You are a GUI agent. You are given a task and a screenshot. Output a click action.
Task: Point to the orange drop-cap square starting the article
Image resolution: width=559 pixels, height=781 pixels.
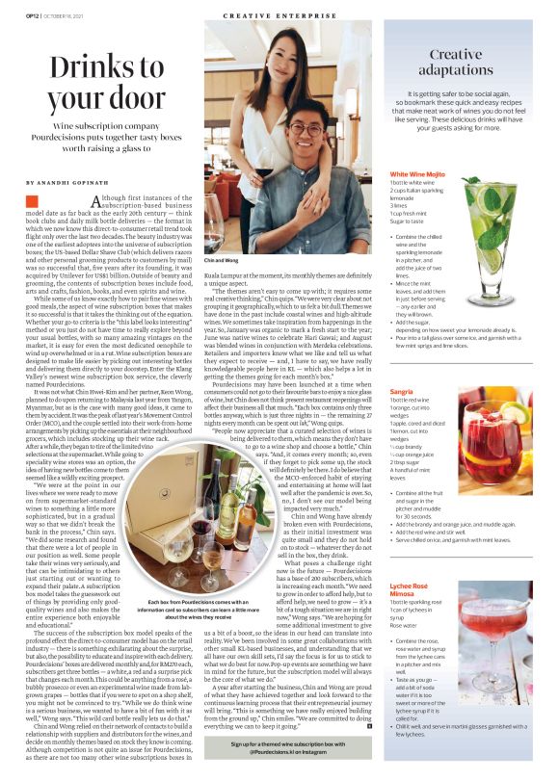coord(33,200)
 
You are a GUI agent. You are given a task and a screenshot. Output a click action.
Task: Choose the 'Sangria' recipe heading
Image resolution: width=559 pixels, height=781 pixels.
coord(403,419)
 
